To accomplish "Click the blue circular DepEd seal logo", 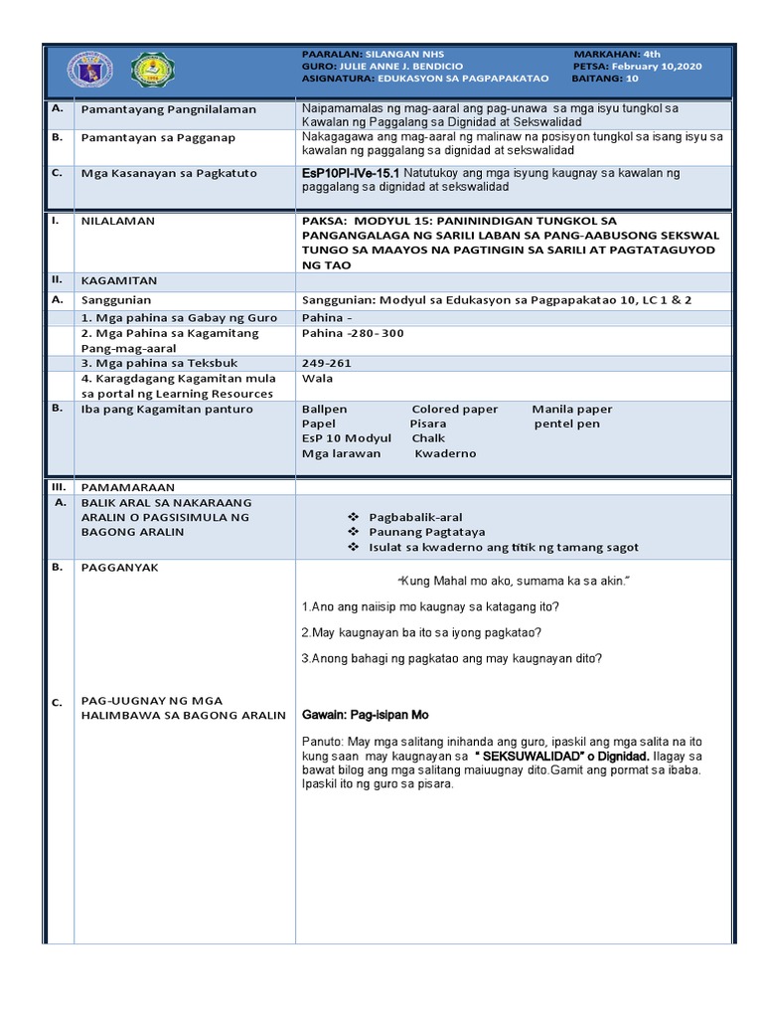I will pyautogui.click(x=90, y=70).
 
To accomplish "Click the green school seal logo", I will pyautogui.click(x=155, y=70).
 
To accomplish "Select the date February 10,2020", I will pyautogui.click(x=657, y=67).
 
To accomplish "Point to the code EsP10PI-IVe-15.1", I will pyautogui.click(x=351, y=173).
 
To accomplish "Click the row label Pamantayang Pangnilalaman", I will pyautogui.click(x=168, y=109).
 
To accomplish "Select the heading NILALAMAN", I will pyautogui.click(x=117, y=221).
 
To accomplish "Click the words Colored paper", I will pyautogui.click(x=454, y=409).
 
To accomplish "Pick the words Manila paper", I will pyautogui.click(x=571, y=409).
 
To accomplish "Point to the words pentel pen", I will pyautogui.click(x=567, y=424).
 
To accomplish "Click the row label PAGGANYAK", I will pyautogui.click(x=118, y=567).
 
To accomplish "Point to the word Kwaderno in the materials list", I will pyautogui.click(x=445, y=453).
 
